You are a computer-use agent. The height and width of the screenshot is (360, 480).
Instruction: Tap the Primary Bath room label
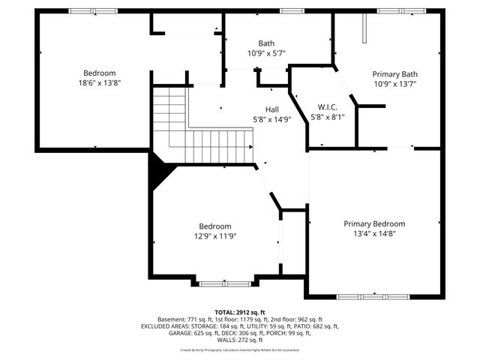(x=394, y=73)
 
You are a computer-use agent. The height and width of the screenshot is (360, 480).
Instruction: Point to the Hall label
(x=272, y=109)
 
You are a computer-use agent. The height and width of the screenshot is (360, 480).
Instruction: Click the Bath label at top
(x=266, y=43)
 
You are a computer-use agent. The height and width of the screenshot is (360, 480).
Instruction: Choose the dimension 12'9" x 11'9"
(x=214, y=236)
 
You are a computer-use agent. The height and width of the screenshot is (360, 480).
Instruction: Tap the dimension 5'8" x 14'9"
(x=272, y=119)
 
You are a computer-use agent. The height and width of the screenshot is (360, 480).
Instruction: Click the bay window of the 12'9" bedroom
(x=226, y=283)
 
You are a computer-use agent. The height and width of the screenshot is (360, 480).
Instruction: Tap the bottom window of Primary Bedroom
(x=373, y=296)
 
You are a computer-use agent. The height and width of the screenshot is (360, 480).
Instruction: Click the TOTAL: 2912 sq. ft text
(x=240, y=312)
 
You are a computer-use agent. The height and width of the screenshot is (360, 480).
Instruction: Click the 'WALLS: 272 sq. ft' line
(x=240, y=340)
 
